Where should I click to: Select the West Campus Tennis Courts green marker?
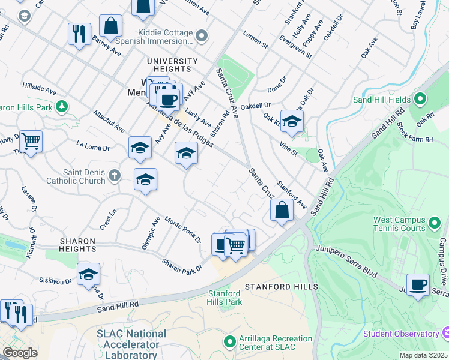[x=435, y=224]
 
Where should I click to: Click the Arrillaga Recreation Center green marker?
[x=229, y=343]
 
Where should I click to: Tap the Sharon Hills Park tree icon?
[x=61, y=107]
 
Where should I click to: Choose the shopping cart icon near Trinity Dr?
[x=31, y=142]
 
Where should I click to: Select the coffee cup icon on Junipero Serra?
[x=418, y=284]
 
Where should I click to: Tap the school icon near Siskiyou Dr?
[x=88, y=274]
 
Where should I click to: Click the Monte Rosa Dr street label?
[x=182, y=230]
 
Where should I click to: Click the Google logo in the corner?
[x=20, y=353]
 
